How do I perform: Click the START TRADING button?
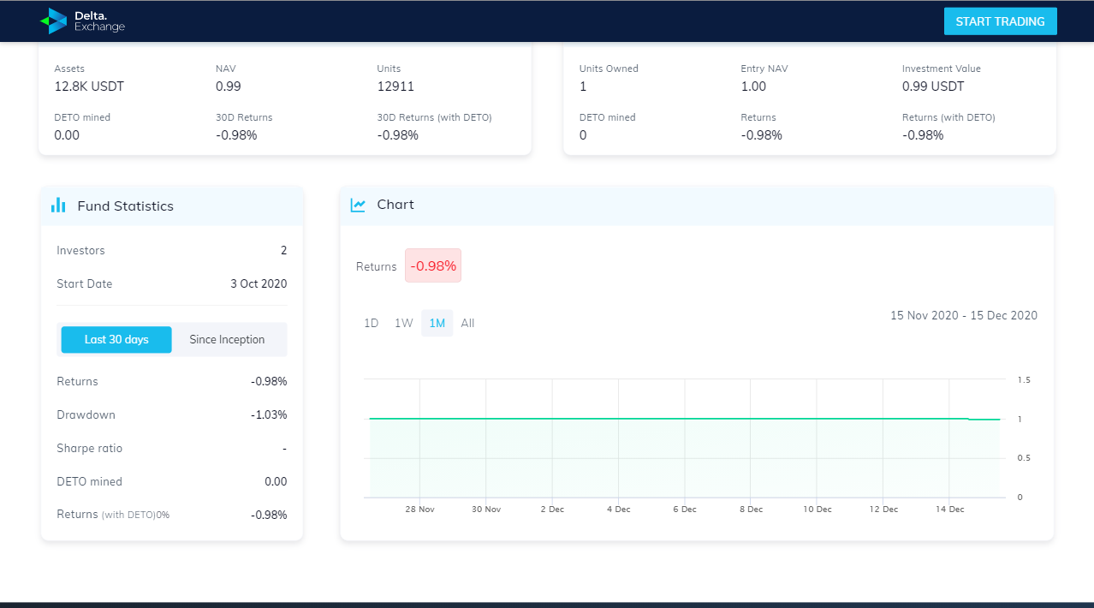(1000, 21)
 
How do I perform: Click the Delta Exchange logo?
(82, 21)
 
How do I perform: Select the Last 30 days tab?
(116, 340)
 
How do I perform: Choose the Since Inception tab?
(227, 340)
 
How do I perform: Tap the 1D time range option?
(372, 323)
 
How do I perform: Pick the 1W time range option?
(404, 323)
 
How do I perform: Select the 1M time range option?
(437, 323)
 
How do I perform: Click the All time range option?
(467, 323)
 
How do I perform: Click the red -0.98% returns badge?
(433, 265)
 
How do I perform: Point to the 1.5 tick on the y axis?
(1024, 379)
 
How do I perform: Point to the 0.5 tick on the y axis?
(1024, 458)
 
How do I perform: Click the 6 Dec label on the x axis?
(685, 510)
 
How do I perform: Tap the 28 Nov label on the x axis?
(419, 510)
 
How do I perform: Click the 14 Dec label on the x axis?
(950, 510)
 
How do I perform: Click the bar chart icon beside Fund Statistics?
(58, 205)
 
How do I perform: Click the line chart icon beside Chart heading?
(358, 205)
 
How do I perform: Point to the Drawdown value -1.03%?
(269, 415)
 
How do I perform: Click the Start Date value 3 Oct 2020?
(259, 284)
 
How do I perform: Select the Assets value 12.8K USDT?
(89, 86)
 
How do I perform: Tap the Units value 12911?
(395, 86)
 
